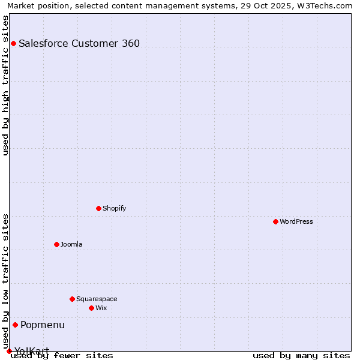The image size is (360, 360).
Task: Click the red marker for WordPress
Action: (x=275, y=221)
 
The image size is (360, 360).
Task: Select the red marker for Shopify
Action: (x=98, y=208)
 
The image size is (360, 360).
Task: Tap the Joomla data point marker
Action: (x=56, y=244)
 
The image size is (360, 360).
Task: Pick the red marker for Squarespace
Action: (x=72, y=299)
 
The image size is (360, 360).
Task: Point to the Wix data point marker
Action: (x=91, y=308)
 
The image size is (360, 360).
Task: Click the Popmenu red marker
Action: (x=15, y=325)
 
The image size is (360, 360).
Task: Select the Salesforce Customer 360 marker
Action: (x=13, y=43)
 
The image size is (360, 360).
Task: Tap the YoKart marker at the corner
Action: (x=9, y=351)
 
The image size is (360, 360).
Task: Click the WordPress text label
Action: (x=296, y=221)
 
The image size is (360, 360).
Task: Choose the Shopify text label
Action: (x=114, y=208)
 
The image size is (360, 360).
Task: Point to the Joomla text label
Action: (x=71, y=244)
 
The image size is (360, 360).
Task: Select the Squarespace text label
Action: (x=97, y=299)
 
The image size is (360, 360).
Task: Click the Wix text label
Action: (x=101, y=308)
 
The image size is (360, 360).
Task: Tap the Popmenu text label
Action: (x=43, y=325)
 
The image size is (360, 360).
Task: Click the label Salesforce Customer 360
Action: (x=79, y=43)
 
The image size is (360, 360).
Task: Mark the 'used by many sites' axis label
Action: (x=301, y=355)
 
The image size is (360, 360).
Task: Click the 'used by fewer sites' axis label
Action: (x=62, y=355)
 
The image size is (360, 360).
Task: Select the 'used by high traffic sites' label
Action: (x=5, y=85)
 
